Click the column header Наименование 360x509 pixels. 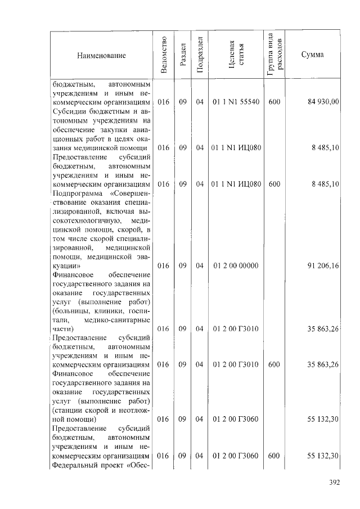(102, 55)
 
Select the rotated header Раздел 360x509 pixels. (182, 55)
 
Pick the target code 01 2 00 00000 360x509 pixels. (236, 265)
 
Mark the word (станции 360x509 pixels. (66, 411)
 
